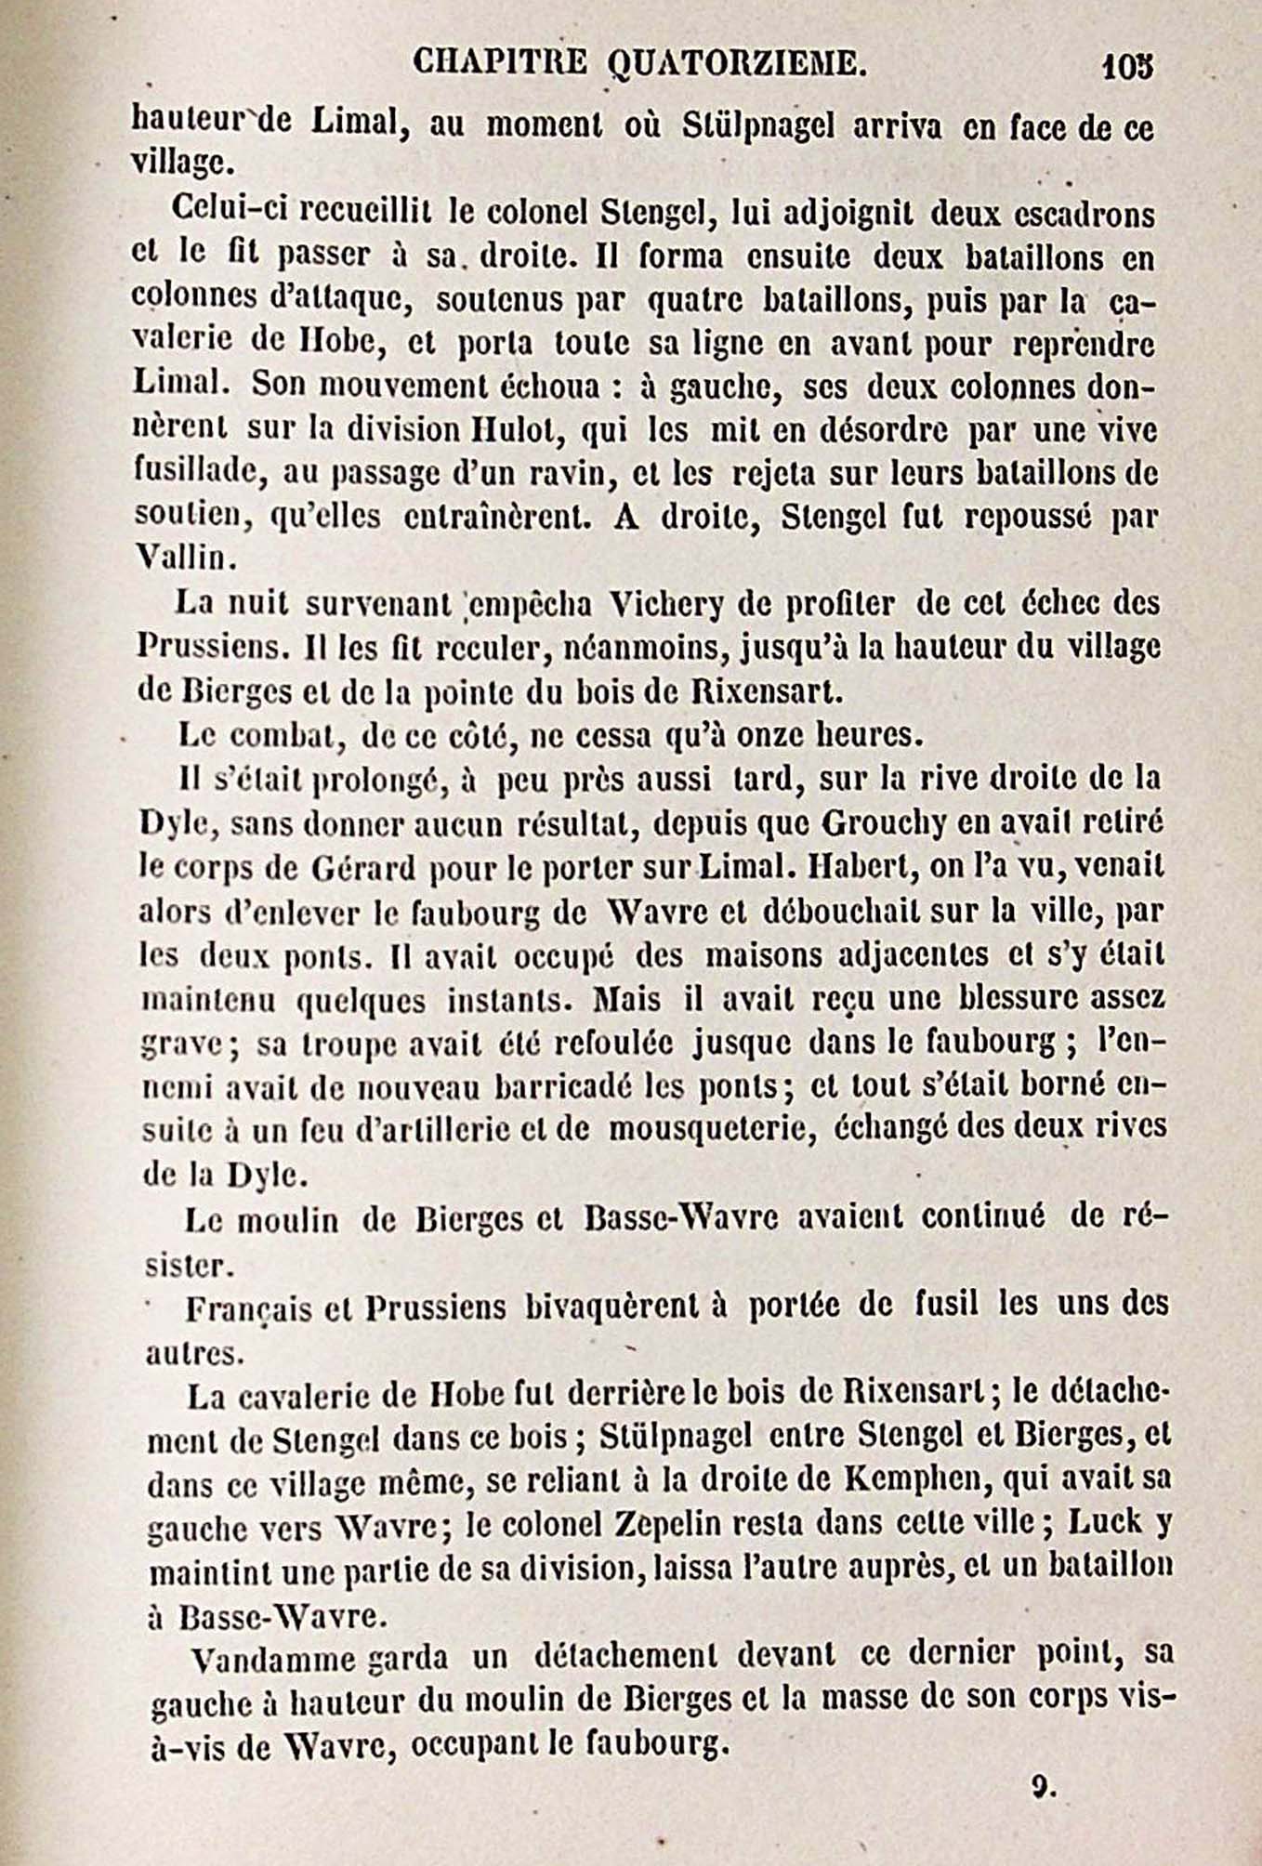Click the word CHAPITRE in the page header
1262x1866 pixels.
499,63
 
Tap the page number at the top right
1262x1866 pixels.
1127,67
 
